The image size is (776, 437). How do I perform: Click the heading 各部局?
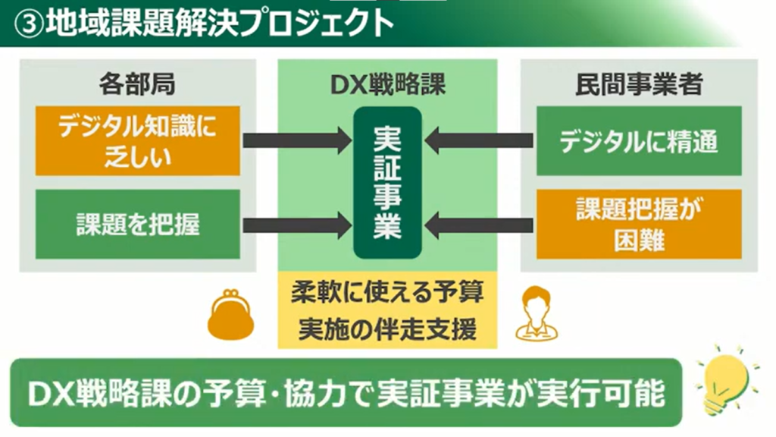(x=137, y=84)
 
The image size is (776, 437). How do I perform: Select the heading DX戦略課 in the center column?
(x=387, y=84)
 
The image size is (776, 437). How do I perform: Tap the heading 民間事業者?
(x=639, y=84)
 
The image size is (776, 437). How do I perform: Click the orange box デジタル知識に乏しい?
(x=137, y=140)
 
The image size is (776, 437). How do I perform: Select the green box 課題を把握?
(x=137, y=224)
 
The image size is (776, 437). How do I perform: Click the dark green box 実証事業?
(x=387, y=183)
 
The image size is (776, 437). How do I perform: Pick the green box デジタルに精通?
(x=639, y=141)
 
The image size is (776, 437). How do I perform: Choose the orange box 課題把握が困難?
(x=639, y=224)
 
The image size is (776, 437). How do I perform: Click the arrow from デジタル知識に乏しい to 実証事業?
(x=296, y=140)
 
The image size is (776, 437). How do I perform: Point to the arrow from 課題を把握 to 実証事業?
(x=296, y=224)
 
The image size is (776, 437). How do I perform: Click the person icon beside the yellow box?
(x=536, y=313)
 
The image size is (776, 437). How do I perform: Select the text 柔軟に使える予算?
(x=387, y=293)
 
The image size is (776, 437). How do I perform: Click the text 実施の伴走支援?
(x=387, y=329)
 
